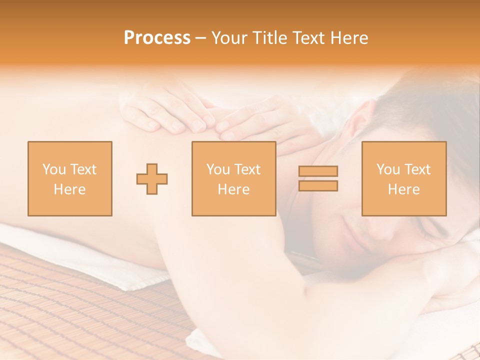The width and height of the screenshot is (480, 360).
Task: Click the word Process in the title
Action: (x=157, y=38)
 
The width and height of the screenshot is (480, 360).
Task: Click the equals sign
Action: (x=318, y=178)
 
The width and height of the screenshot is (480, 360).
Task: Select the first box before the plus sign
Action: (x=70, y=178)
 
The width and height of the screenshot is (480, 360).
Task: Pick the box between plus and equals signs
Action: (x=233, y=178)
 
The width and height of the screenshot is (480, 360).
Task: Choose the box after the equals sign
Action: (x=403, y=178)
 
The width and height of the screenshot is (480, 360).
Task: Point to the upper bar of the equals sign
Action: (x=318, y=171)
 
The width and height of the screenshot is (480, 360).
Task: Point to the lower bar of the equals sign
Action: (x=318, y=185)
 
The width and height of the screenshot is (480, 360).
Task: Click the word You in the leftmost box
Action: (x=53, y=169)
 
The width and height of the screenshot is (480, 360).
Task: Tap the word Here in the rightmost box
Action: (x=403, y=189)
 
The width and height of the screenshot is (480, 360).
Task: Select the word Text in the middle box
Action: (x=247, y=169)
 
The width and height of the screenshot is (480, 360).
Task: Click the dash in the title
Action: (x=200, y=38)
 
